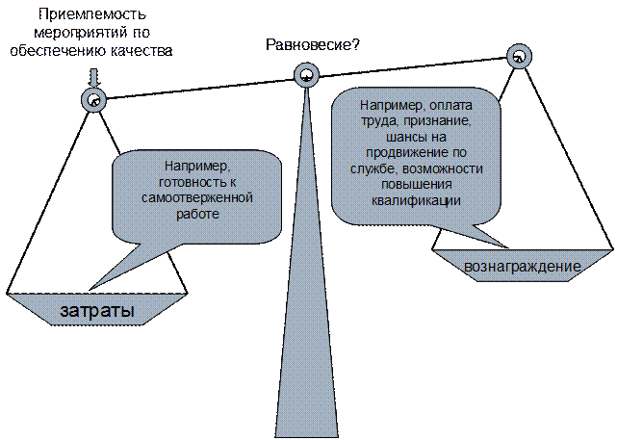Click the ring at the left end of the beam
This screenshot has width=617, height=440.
click(93, 99)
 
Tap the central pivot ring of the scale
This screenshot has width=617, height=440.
click(305, 73)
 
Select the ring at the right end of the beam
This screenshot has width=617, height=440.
click(520, 56)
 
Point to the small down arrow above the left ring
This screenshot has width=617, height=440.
click(93, 79)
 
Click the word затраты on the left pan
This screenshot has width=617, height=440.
click(96, 312)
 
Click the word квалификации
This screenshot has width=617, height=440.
click(415, 201)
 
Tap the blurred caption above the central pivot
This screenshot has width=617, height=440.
click(305, 45)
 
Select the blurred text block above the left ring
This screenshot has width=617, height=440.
click(91, 34)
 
